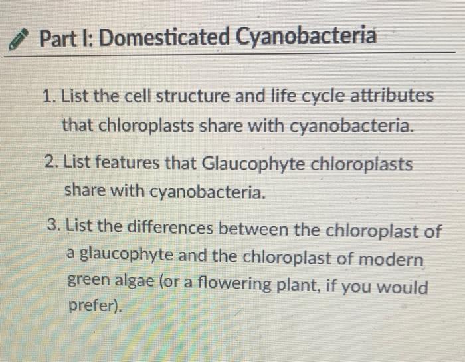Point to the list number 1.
(46, 96)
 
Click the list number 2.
(50, 165)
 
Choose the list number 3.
(55, 226)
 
